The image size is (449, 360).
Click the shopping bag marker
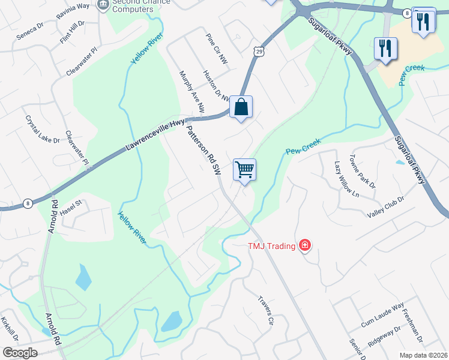241,107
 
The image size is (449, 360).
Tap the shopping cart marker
244,170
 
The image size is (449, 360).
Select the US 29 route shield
258,53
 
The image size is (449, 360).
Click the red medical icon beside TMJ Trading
305,245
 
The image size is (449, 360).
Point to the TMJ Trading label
272,246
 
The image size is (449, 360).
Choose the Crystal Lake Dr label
43,129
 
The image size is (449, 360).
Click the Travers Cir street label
265,310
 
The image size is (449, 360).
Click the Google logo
20,353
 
